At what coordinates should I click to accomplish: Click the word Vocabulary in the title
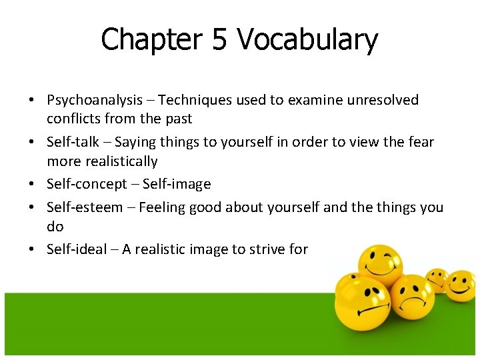click(x=307, y=40)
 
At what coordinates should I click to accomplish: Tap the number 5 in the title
click(x=219, y=40)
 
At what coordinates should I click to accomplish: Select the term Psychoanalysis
click(x=95, y=100)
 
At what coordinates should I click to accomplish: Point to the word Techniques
click(x=195, y=100)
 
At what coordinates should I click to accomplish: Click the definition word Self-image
click(x=177, y=184)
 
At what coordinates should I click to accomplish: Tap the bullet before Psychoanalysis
click(x=32, y=100)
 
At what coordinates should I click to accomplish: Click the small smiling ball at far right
click(x=460, y=285)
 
